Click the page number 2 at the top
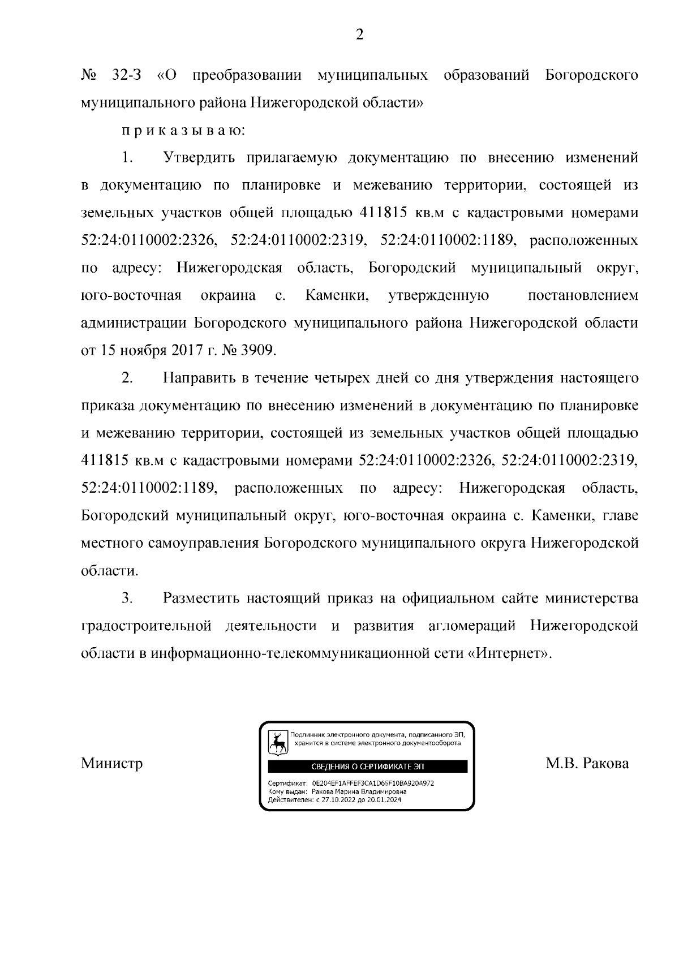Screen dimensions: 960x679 click(359, 35)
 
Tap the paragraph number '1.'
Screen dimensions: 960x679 click(127, 158)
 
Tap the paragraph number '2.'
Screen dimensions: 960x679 click(127, 378)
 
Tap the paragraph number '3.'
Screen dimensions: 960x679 click(127, 598)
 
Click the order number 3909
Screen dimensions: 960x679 click(258, 351)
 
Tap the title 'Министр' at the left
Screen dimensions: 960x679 click(111, 764)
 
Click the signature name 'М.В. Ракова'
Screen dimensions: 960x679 click(587, 764)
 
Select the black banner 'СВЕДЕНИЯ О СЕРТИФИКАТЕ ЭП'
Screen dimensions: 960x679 click(367, 767)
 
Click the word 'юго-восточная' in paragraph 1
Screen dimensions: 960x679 click(131, 295)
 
